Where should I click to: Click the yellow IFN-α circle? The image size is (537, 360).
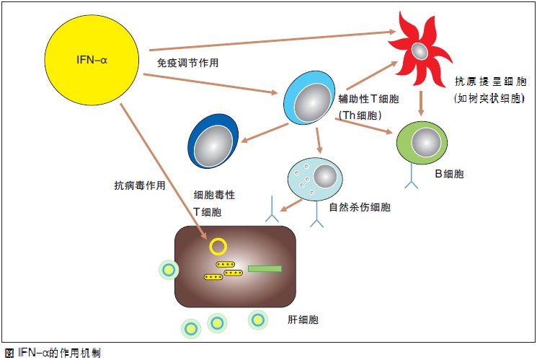[x=92, y=60]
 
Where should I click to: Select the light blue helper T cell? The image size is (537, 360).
[x=309, y=98]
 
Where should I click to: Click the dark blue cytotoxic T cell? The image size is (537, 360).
[x=213, y=141]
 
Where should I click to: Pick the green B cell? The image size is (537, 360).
[x=422, y=143]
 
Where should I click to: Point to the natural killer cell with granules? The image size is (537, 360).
[x=315, y=179]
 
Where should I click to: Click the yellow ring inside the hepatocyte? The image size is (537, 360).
[x=218, y=247]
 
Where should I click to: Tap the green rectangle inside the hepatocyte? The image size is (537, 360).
[x=265, y=268]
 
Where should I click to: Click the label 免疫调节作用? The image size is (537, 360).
[x=187, y=63]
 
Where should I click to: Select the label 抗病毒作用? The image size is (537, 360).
[x=140, y=185]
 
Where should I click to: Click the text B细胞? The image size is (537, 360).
[x=449, y=174]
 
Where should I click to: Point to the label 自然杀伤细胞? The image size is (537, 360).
[x=360, y=207]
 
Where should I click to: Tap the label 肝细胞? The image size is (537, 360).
[x=303, y=320]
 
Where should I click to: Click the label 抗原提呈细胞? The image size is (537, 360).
[x=490, y=82]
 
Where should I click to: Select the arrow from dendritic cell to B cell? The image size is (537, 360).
[x=421, y=103]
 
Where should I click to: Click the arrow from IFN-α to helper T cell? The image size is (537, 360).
[x=210, y=83]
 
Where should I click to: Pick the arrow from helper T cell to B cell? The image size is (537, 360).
[x=364, y=126]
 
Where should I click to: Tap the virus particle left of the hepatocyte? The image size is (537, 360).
[x=169, y=270]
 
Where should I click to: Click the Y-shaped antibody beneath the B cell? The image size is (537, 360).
[x=412, y=176]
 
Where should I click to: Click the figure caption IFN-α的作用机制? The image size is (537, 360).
[x=53, y=353]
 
